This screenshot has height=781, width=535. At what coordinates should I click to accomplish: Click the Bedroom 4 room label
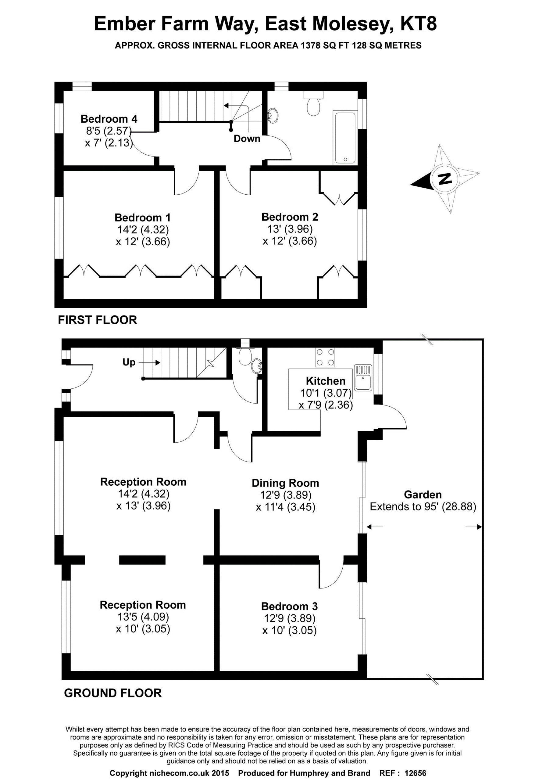coord(109,119)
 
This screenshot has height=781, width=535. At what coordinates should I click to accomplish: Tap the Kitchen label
coord(326,381)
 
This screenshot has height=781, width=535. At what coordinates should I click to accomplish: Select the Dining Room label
coord(285,483)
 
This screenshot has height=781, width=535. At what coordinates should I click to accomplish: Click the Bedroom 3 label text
coord(289,606)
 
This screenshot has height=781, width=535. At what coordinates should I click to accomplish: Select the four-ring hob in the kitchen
coord(325,357)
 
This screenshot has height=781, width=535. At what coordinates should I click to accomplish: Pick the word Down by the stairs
coord(247,139)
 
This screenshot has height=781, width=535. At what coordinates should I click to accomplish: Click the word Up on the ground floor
coord(129,362)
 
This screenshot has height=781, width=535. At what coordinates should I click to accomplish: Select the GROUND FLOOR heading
coord(113,693)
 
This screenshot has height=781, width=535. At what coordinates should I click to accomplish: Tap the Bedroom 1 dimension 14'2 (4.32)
coord(143,229)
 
